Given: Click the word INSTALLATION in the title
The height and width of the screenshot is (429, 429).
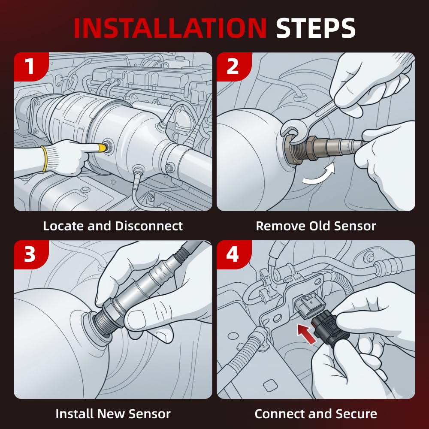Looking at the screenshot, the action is pyautogui.click(x=170, y=28).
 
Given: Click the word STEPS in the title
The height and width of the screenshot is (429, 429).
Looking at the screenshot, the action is pyautogui.click(x=316, y=28).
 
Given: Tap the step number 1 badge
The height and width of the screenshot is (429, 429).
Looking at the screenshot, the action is pyautogui.click(x=30, y=66).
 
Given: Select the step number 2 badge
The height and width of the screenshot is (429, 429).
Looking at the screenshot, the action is pyautogui.click(x=233, y=66).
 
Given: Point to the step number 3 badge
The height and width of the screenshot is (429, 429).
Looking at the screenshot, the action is pyautogui.click(x=30, y=254).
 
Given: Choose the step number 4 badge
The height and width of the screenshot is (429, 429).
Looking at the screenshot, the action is pyautogui.click(x=233, y=254).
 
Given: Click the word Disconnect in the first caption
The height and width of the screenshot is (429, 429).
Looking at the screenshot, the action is pyautogui.click(x=149, y=226).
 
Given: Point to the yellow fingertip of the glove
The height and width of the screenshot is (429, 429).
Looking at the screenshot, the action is pyautogui.click(x=102, y=148).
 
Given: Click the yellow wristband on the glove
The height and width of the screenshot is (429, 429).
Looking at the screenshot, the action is pyautogui.click(x=44, y=159).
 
